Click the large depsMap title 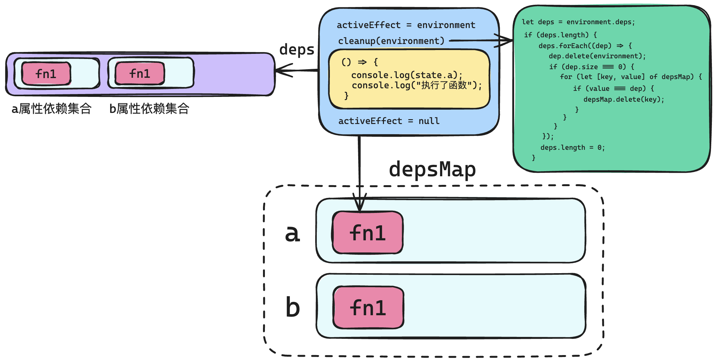coord(432,170)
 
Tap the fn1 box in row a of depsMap coord(368,232)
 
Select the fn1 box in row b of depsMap coord(368,308)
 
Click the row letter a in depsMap coord(293,234)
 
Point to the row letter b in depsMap coord(293,307)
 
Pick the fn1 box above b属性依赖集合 coord(140,74)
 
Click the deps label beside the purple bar coord(297,50)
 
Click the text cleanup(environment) coord(391,41)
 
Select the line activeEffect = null coord(389,121)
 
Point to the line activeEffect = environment coord(406,25)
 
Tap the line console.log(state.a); coord(407,75)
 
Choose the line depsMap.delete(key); coord(624,99)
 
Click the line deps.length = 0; coord(572,148)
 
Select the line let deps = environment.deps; coord(578,22)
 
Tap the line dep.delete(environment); coord(597,56)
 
